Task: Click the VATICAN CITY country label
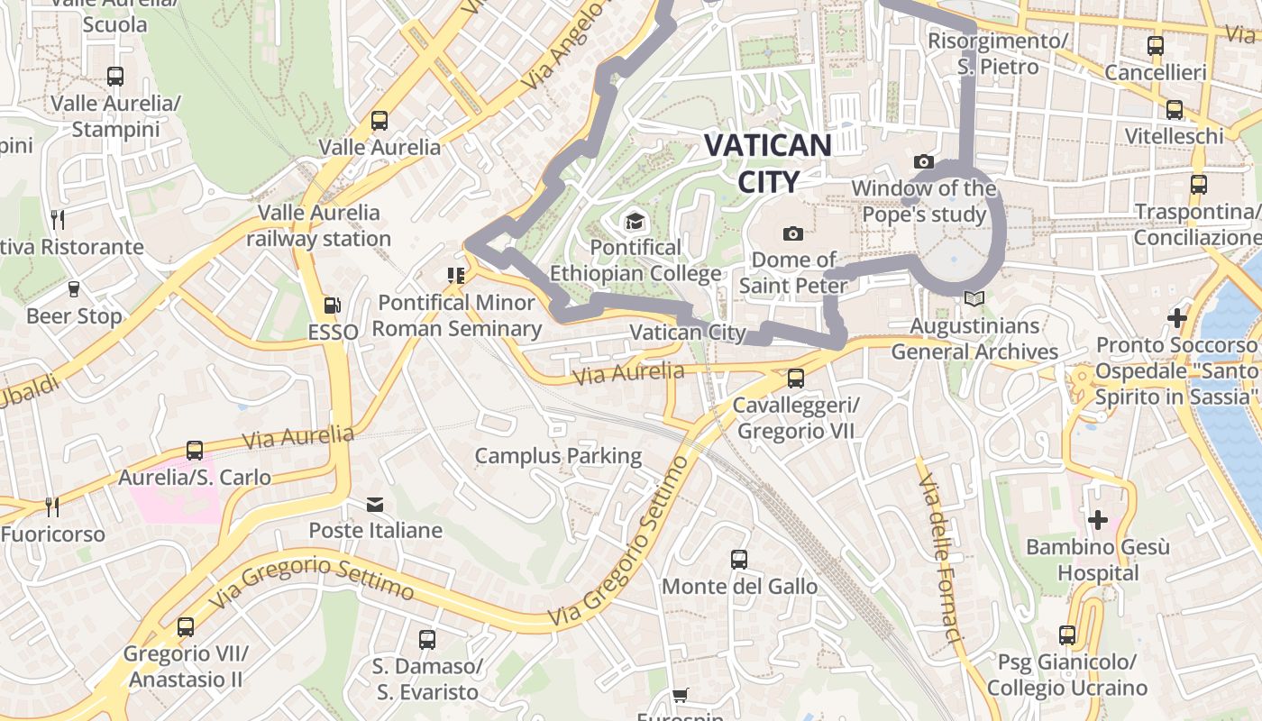coord(767,163)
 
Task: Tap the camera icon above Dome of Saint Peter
coord(793,234)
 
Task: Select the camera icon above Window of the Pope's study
coord(924,162)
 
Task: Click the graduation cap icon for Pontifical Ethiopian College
coord(636,221)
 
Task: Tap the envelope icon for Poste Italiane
coord(375,504)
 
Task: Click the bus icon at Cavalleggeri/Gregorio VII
coord(795,379)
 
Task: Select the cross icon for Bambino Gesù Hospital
coord(1097,520)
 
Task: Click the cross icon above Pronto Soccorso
coord(1176,318)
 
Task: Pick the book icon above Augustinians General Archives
coord(974,298)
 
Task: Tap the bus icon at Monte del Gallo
coord(739,560)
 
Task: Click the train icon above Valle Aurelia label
coord(380,121)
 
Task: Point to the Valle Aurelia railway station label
coord(318,225)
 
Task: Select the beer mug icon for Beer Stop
coord(74,289)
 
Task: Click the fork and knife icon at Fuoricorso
coord(52,507)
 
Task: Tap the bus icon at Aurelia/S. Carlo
coord(195,451)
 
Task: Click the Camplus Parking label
coord(558,456)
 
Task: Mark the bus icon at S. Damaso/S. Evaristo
coord(427,640)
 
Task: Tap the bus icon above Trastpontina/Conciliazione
coord(1198,185)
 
